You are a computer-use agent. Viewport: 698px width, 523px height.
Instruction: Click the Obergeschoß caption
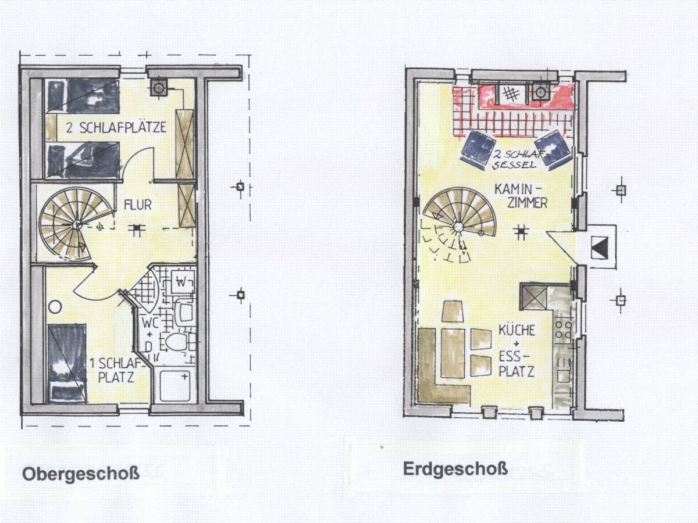click(x=81, y=475)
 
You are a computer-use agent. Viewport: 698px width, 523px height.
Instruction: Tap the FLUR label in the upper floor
click(x=137, y=205)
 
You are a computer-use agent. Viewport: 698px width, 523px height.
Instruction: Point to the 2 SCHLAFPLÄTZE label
click(x=116, y=128)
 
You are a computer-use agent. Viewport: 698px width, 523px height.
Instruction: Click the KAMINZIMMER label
click(x=520, y=196)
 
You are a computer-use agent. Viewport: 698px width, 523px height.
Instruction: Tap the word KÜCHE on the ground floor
click(x=517, y=330)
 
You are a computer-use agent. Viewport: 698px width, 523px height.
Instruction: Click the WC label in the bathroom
click(x=150, y=323)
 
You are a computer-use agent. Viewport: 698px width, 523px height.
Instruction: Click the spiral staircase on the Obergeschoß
click(x=76, y=224)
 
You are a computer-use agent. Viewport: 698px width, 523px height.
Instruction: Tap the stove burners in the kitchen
click(x=564, y=329)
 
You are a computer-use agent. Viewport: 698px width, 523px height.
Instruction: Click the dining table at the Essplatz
click(x=453, y=353)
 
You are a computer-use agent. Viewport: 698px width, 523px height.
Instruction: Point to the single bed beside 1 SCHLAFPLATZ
click(x=67, y=364)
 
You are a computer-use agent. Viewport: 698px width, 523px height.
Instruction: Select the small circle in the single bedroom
click(x=55, y=307)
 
